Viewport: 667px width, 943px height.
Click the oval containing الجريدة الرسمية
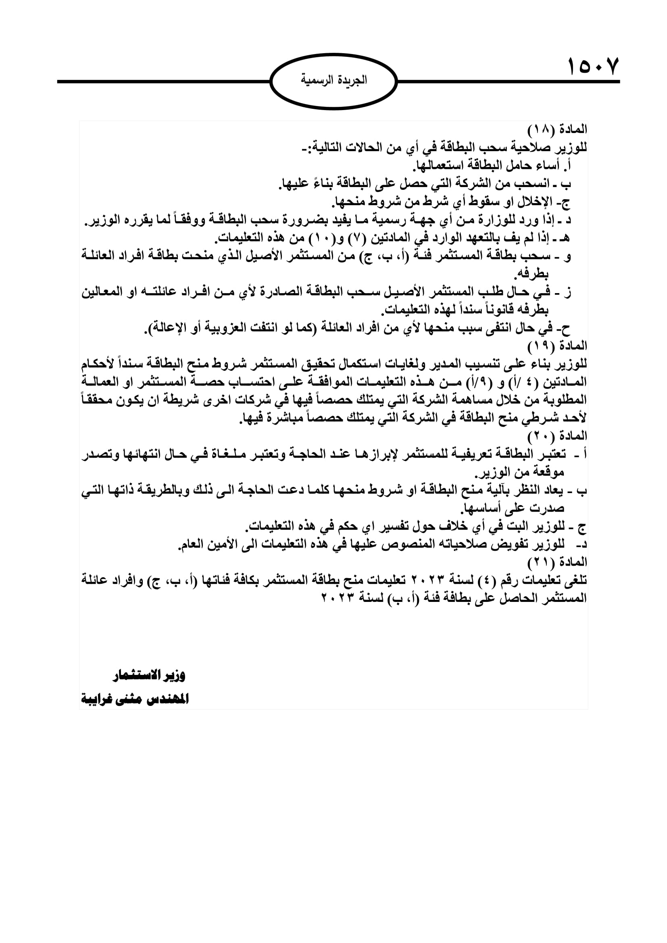(333, 81)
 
